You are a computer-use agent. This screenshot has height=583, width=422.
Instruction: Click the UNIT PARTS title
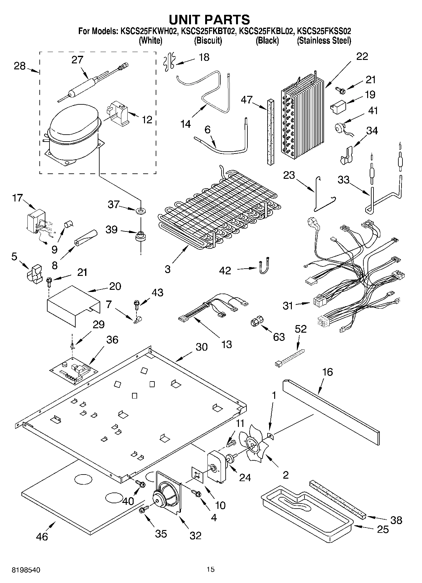[209, 20]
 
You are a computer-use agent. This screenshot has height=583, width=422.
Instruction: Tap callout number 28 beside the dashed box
[20, 66]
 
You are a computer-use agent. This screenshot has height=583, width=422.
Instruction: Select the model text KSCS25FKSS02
[324, 31]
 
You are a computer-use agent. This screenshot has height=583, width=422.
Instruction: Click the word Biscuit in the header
[208, 41]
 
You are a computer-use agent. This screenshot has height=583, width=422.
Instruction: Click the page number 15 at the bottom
[211, 569]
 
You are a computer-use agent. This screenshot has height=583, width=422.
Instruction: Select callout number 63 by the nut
[279, 337]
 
